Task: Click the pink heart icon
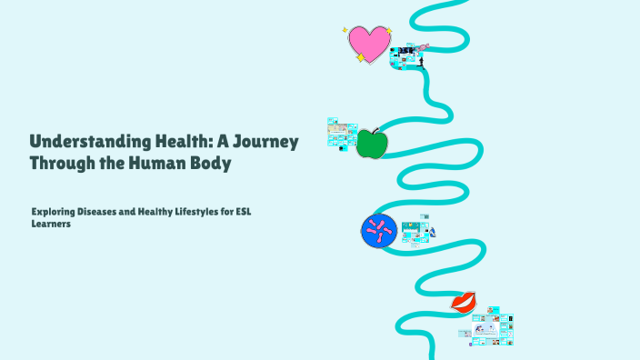pyautogui.click(x=369, y=42)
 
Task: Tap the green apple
pyautogui.click(x=370, y=144)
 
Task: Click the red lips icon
pyautogui.click(x=464, y=302)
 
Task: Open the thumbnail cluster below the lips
pyautogui.click(x=490, y=326)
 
